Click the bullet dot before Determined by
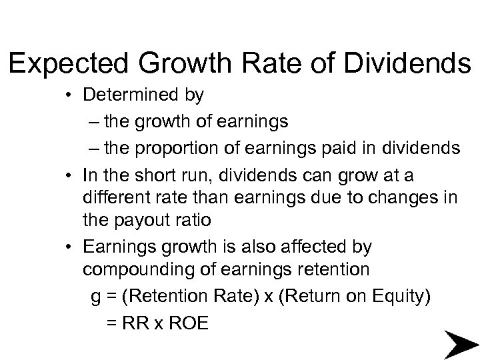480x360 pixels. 69,96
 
